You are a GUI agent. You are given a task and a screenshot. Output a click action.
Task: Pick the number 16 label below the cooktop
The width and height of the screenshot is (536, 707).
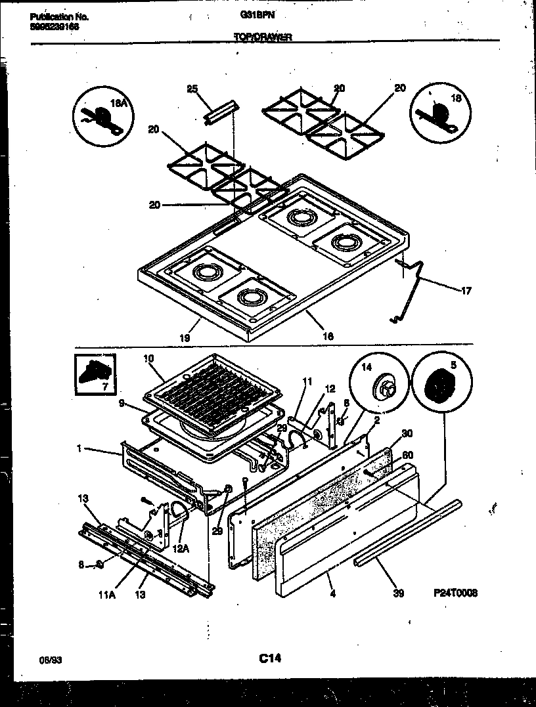328,335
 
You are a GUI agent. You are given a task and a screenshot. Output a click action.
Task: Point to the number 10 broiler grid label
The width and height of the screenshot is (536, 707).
148,358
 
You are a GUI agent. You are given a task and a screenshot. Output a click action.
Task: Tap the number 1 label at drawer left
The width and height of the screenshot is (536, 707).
79,449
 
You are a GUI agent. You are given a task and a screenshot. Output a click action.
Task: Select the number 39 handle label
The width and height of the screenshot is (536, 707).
397,593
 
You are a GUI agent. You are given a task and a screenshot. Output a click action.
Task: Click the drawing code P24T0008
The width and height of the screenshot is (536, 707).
455,593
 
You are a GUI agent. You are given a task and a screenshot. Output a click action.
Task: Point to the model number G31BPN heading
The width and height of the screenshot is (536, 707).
265,16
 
